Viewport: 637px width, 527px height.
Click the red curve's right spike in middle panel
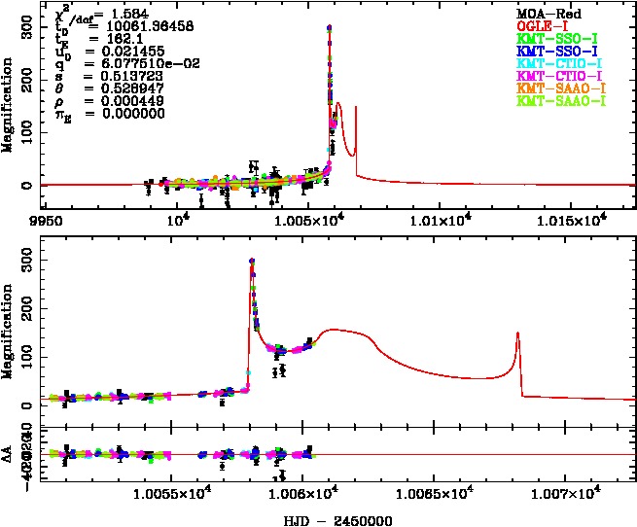click(x=517, y=334)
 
